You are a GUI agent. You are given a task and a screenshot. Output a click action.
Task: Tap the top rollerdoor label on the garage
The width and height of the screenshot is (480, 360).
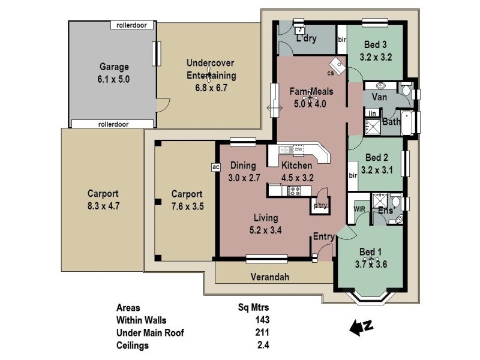tap(133, 25)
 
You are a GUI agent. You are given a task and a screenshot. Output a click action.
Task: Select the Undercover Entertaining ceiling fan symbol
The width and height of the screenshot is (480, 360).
tap(209, 75)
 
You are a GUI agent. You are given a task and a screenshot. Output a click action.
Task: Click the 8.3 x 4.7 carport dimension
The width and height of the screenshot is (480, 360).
tap(103, 205)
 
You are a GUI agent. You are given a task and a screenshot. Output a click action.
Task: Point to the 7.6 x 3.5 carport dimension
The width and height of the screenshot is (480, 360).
tap(187, 205)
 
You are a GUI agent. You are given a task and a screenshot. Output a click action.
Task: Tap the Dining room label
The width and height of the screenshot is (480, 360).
tap(242, 166)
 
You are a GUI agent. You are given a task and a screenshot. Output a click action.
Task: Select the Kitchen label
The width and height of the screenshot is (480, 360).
tap(296, 166)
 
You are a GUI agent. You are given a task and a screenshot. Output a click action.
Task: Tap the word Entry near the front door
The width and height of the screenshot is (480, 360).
tap(323, 237)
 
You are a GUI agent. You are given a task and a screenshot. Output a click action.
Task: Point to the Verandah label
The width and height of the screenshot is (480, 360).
tap(271, 277)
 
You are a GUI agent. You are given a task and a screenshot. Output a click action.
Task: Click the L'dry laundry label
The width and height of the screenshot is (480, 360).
tap(307, 39)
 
